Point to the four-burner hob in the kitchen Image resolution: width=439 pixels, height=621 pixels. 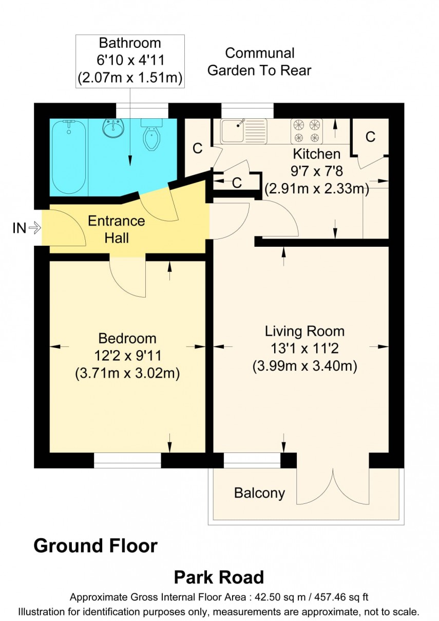point(307,131)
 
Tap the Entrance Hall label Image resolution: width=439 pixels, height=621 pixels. point(117,229)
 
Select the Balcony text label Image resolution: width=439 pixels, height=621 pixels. point(259,493)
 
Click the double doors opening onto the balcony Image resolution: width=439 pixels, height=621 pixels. point(333,486)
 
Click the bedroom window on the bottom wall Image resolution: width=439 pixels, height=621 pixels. point(127,461)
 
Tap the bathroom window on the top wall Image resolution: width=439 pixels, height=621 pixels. point(142,110)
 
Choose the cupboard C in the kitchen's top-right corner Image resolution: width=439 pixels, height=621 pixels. point(370,137)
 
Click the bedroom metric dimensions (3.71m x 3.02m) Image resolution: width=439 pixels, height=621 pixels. point(127,373)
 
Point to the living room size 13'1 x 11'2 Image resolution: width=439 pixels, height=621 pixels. point(304,349)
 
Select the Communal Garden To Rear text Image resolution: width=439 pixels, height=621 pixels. point(259,61)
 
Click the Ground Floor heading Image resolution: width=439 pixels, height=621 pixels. point(96,545)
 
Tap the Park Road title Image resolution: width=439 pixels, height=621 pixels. point(219,577)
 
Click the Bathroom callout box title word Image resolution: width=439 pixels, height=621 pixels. point(129,43)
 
